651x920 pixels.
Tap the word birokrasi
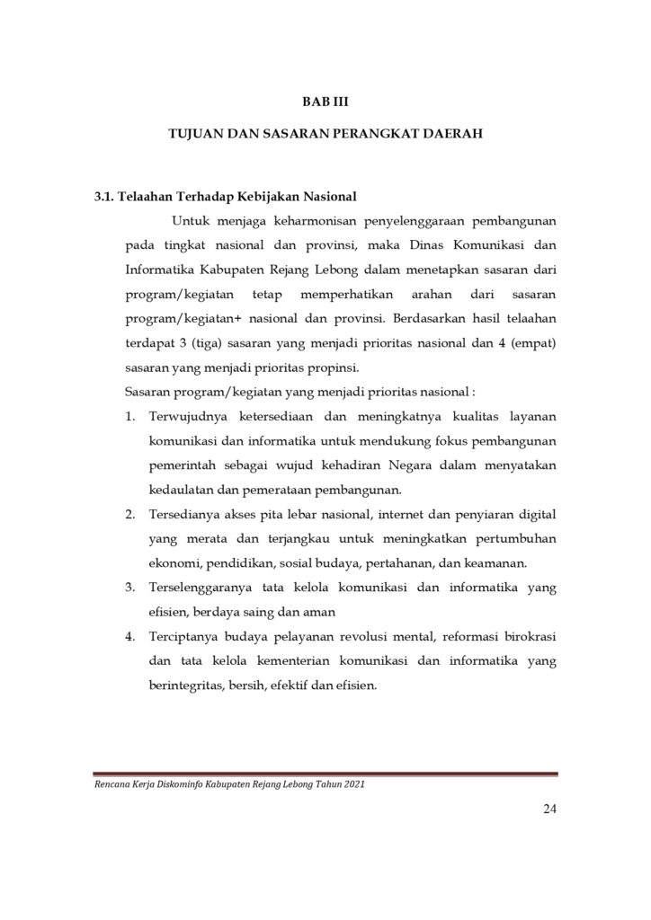(x=531, y=637)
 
